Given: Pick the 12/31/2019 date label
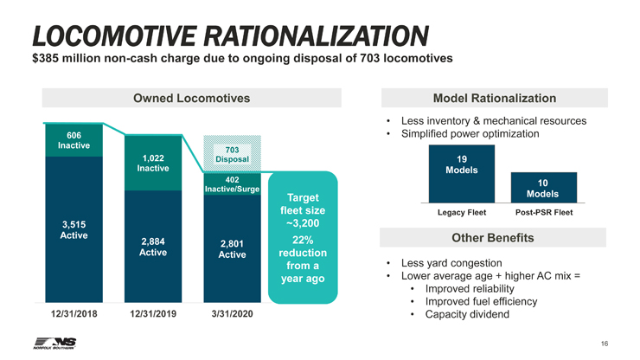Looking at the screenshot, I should pos(152,314).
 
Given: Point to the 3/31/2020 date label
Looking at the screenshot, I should pos(232,314).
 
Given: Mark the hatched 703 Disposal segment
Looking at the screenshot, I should pos(232,154).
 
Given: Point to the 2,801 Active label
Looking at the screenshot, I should pos(232,249).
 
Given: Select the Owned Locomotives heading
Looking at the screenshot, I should pos(192,99).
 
